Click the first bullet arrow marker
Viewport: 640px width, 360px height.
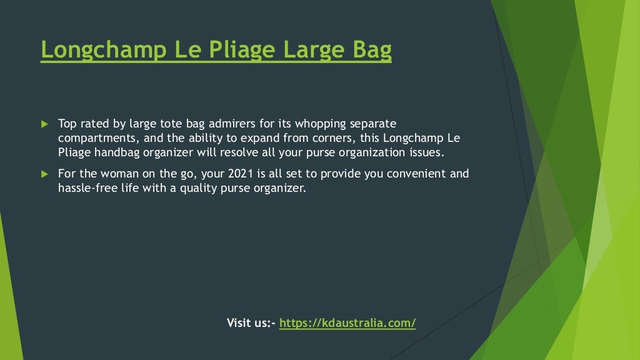(x=44, y=124)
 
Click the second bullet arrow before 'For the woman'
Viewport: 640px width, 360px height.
(x=44, y=173)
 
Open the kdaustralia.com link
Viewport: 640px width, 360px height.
(x=347, y=323)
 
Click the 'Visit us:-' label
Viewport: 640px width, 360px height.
(x=251, y=323)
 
